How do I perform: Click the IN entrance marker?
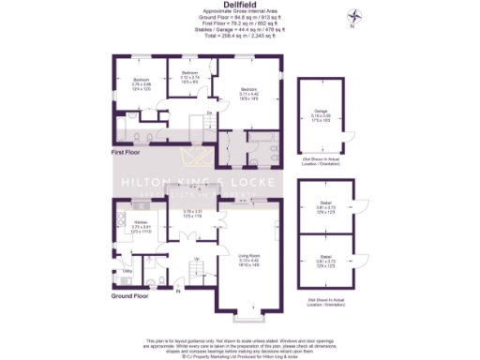pos(179,291)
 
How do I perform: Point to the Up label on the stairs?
pos(196,259)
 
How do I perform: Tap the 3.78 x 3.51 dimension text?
pos(193,214)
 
